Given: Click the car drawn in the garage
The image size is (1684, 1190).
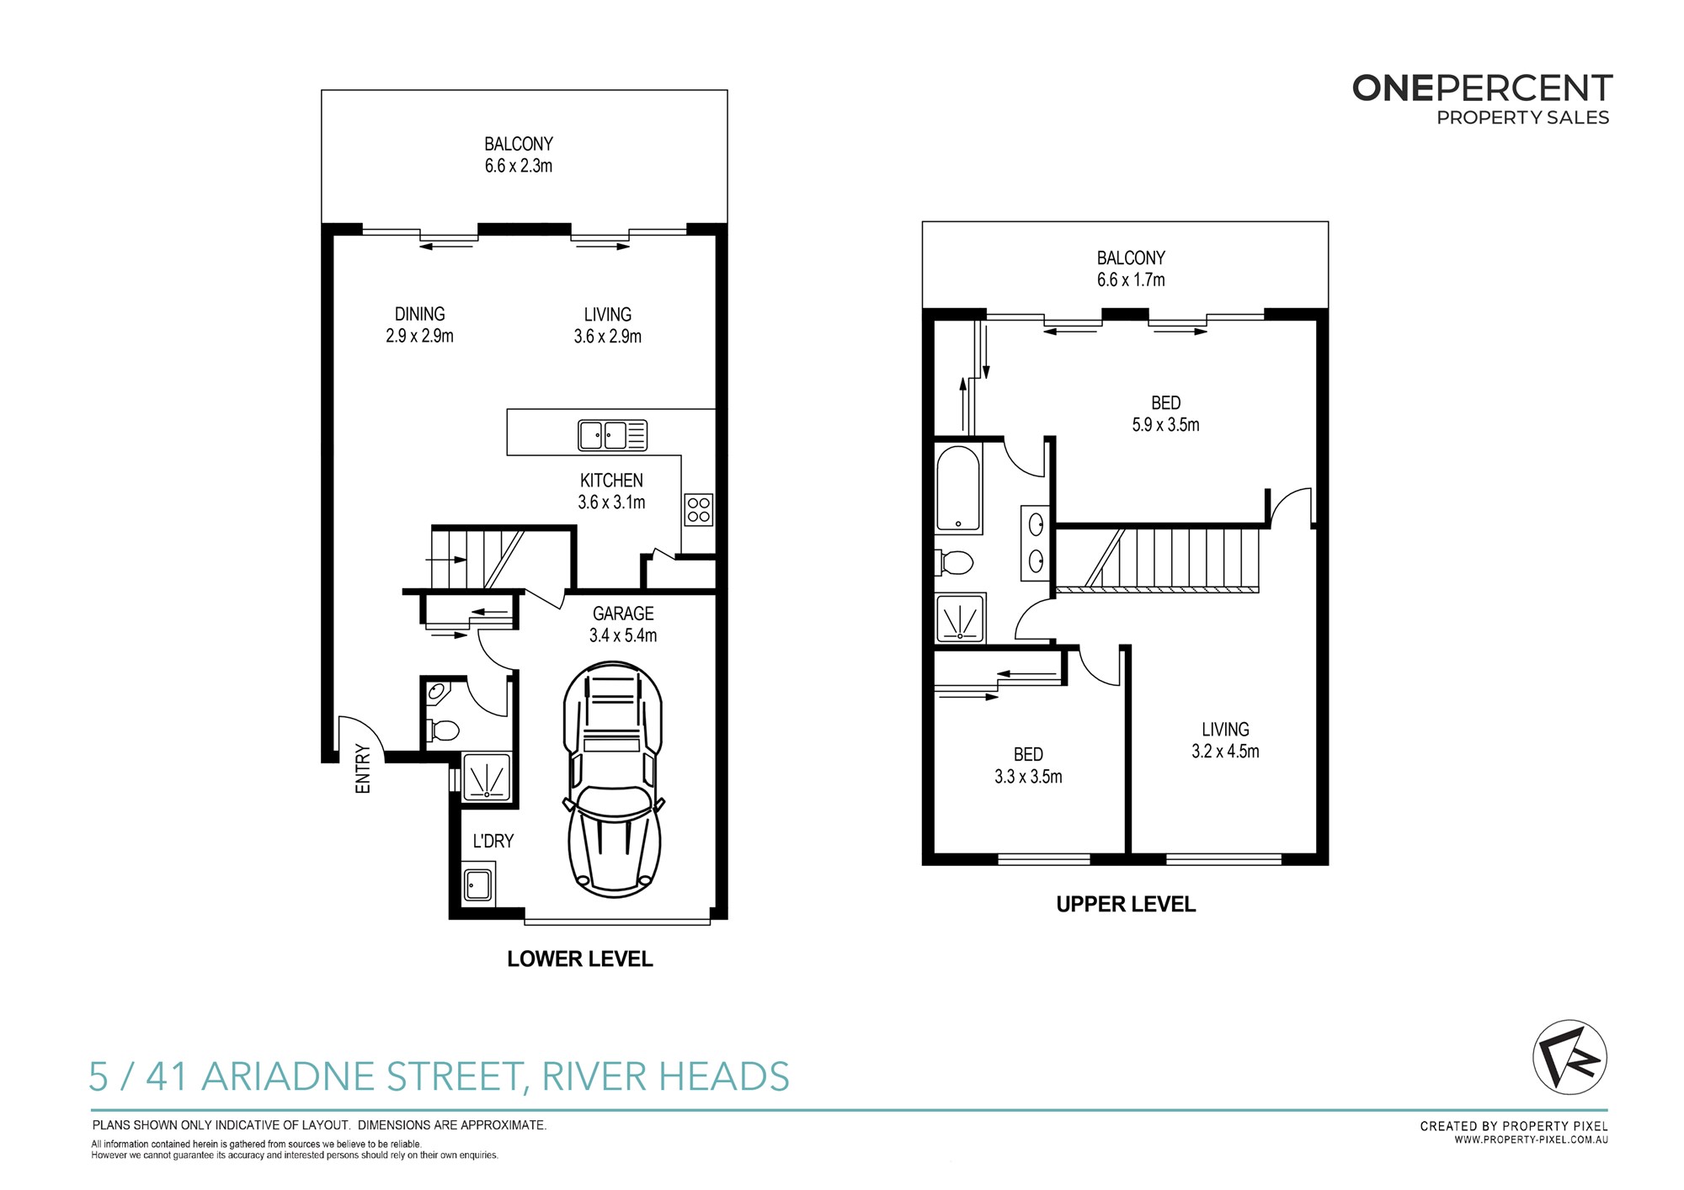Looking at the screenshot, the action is tap(613, 779).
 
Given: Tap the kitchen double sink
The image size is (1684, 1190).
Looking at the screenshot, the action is tap(612, 435).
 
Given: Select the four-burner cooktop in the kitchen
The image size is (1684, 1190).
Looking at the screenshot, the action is tap(699, 509).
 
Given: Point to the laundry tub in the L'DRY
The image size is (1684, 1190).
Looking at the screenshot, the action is tap(478, 885).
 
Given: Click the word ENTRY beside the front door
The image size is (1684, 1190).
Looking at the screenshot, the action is tap(363, 768).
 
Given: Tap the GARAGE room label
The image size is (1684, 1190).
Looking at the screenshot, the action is tap(623, 614).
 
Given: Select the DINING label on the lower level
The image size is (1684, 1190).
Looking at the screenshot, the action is tap(419, 314).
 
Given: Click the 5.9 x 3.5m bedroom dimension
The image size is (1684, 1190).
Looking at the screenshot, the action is tap(1165, 425).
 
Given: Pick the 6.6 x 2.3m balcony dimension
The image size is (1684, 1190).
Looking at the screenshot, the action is tap(519, 166).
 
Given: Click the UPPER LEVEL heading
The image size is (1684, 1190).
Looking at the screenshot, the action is tap(1126, 904).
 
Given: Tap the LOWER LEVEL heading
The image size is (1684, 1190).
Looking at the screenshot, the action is tap(580, 959).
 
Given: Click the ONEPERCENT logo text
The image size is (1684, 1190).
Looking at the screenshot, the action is tap(1482, 88).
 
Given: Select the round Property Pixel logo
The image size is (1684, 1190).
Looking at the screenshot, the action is tap(1569, 1057).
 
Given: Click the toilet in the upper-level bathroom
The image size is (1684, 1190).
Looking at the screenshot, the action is tap(954, 561).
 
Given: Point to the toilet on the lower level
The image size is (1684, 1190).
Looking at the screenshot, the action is tap(442, 729).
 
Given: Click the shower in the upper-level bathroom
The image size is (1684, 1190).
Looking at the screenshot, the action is tap(960, 619).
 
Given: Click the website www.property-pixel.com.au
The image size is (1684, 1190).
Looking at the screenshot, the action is tap(1532, 1140).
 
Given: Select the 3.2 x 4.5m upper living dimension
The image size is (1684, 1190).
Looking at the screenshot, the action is tap(1225, 752).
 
